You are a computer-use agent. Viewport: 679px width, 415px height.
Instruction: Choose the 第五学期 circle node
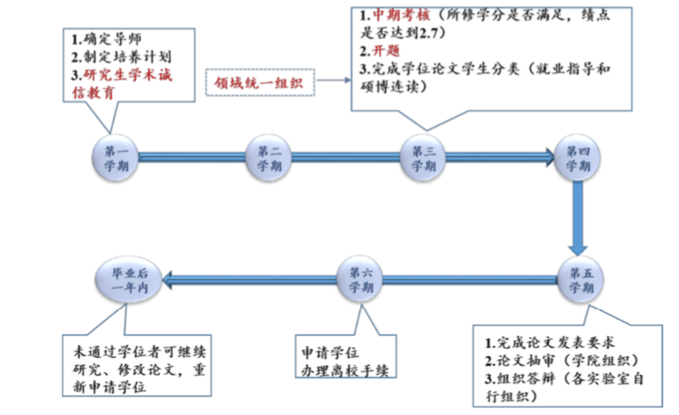[580, 278]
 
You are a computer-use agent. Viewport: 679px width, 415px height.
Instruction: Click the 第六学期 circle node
[361, 278]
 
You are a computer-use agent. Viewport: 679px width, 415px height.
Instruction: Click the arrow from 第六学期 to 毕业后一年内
[249, 278]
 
